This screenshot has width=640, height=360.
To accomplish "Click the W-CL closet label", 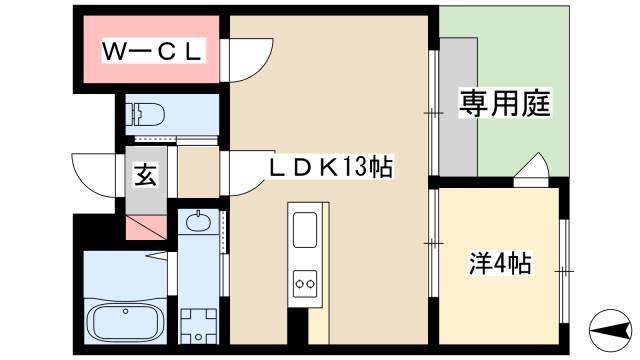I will click(x=154, y=49).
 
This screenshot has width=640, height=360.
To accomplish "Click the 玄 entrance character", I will click(x=144, y=177).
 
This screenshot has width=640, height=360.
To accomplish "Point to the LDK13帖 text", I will click(x=329, y=167).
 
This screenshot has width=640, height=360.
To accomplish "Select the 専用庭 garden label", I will click(x=505, y=104).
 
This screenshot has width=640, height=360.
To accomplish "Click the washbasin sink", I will click(x=197, y=221).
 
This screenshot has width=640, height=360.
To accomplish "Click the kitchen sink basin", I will click(x=305, y=231).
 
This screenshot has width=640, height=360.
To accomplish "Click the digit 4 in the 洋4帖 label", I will click(x=501, y=264).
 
